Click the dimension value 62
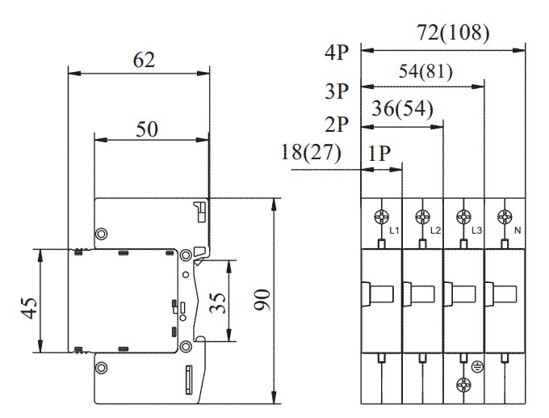coord(142,60)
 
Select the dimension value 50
coord(146,129)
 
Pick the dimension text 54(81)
coord(425,71)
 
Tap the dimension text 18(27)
coord(312,151)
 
